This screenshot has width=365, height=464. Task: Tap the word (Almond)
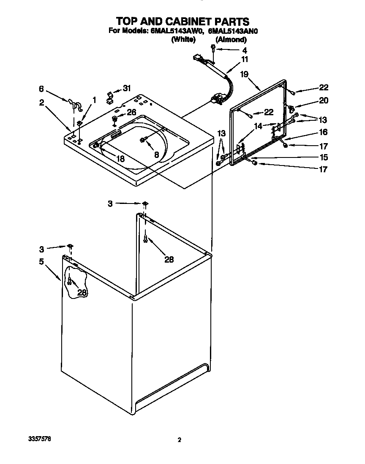(x=231, y=40)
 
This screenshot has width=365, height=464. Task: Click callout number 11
(x=245, y=59)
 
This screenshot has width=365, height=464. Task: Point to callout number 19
(x=244, y=74)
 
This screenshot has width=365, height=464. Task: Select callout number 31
(x=127, y=88)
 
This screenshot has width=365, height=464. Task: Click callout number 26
(x=132, y=112)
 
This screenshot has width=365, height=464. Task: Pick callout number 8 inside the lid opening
(x=156, y=155)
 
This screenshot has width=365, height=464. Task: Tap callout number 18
(x=120, y=158)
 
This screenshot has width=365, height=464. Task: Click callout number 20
(x=323, y=100)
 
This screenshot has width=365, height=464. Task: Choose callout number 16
(x=323, y=133)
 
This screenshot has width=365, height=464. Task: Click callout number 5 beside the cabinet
(x=41, y=261)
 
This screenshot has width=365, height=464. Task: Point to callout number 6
(x=41, y=89)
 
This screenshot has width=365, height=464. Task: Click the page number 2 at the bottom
(x=179, y=440)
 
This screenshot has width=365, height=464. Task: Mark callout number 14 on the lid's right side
(x=259, y=125)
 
